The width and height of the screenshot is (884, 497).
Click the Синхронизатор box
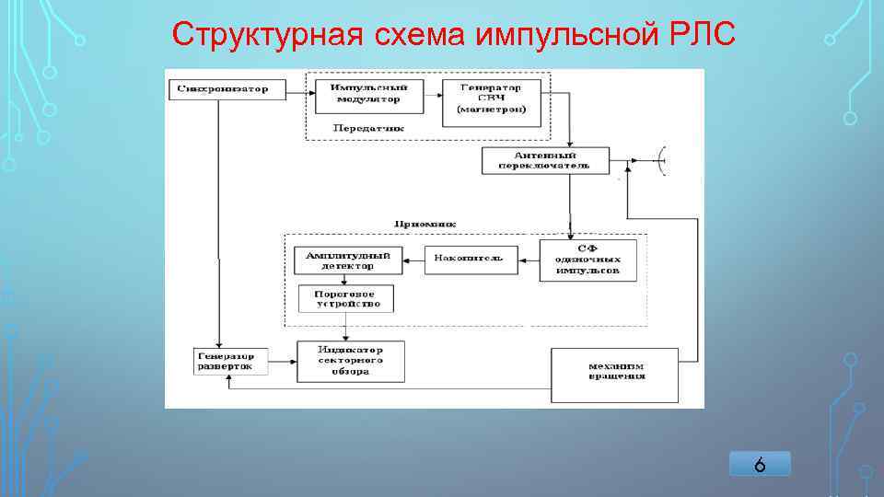pos(225,89)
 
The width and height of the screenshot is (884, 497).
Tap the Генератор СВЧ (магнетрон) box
pos(492,98)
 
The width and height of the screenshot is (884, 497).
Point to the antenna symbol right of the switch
pos(661,161)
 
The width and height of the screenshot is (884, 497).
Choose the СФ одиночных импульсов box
pos(587,260)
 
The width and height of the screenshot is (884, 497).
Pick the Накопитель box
pos(471,260)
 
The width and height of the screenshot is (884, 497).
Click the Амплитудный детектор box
pos(348,260)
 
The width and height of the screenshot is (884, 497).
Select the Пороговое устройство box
pos(346,298)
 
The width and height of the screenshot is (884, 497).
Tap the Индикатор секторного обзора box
pos(351,361)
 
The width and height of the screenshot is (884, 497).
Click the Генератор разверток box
pos(230,361)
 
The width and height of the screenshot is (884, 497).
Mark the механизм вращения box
pos(614,374)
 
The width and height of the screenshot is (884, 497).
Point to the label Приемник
pos(425,224)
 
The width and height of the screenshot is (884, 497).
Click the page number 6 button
pos(760,465)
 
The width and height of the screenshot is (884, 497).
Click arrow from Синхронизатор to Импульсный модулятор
pos(294,89)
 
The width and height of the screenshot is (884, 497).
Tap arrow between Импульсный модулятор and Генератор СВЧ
pos(433,91)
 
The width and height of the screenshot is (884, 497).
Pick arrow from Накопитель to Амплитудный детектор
pos(413,260)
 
